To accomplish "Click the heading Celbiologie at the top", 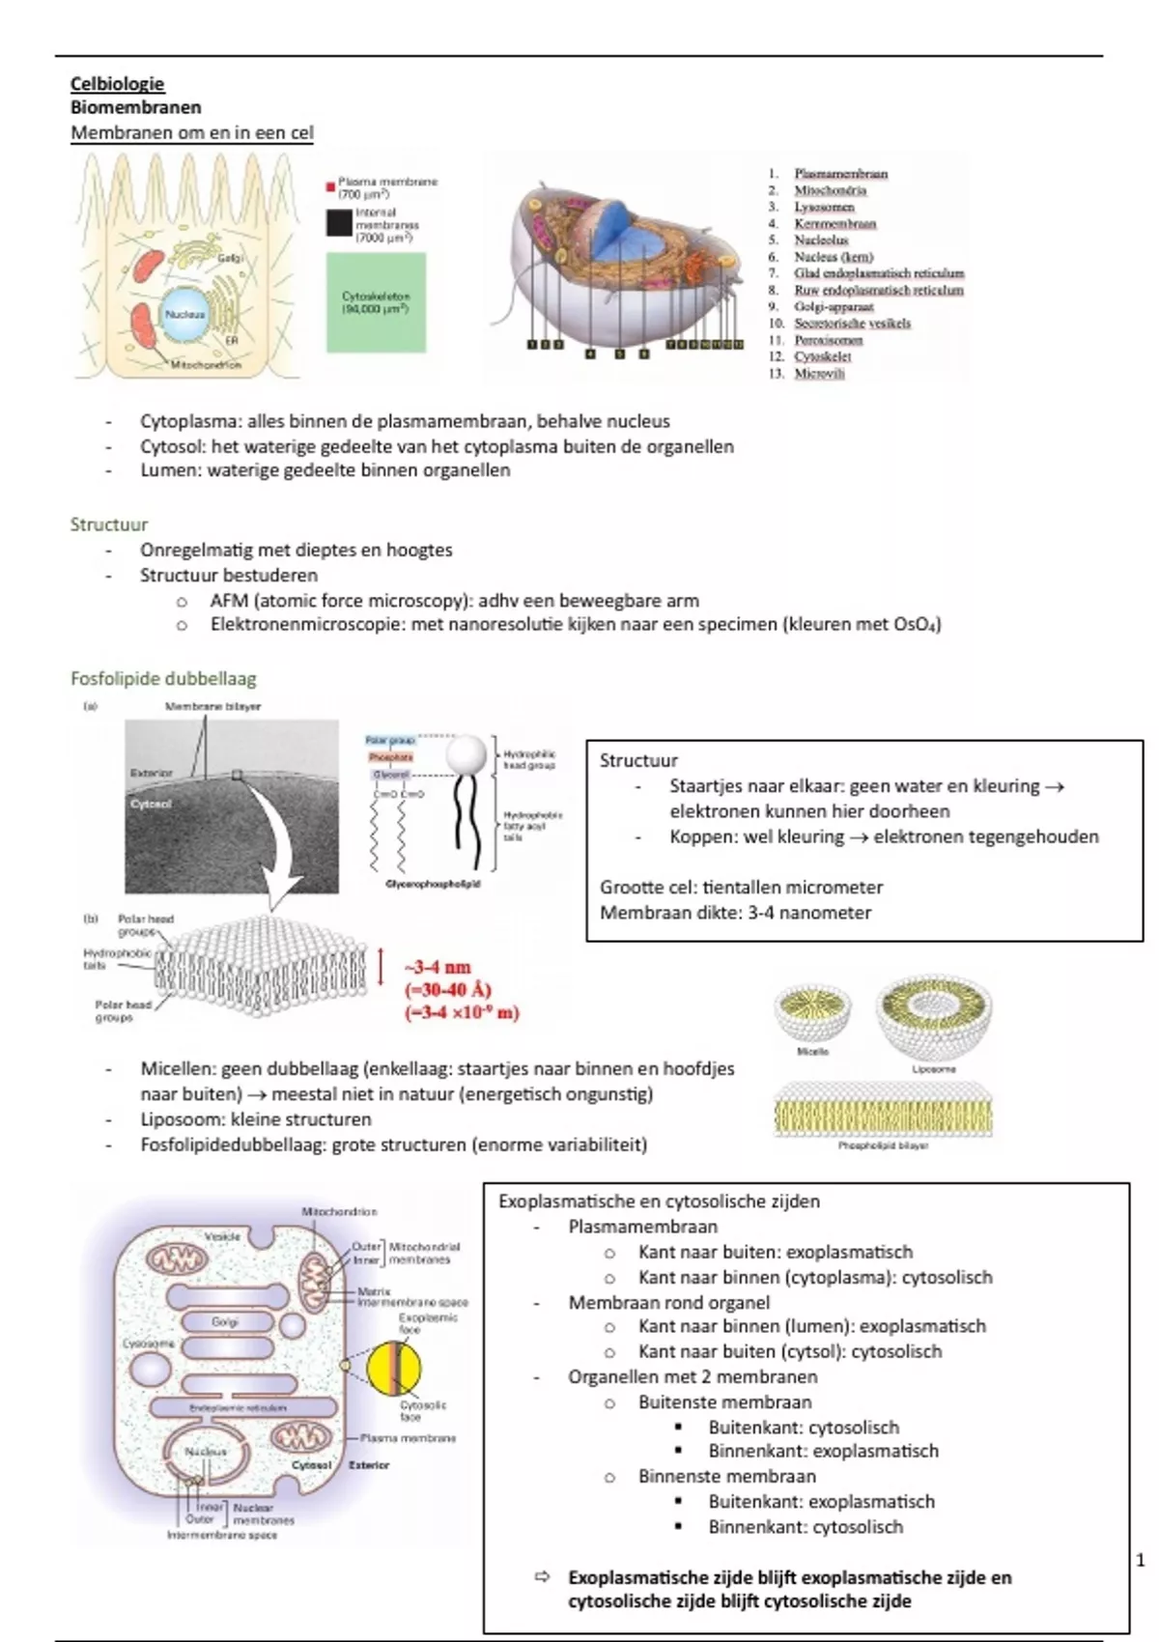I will (x=117, y=84).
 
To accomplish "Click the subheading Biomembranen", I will (x=135, y=107).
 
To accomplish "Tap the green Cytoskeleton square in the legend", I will (x=376, y=301).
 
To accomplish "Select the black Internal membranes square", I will (x=338, y=222).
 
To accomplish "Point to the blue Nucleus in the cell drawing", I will (x=184, y=314).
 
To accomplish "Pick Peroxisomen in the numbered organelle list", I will (x=829, y=340).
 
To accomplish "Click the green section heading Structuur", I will (x=109, y=524).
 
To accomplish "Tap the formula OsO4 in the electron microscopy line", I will (x=916, y=624).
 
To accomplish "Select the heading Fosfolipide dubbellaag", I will (x=163, y=678).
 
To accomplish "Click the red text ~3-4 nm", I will (x=438, y=967).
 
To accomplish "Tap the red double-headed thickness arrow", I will (x=382, y=966).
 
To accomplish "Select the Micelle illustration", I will (x=812, y=1014).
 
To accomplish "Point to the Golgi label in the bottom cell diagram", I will (x=225, y=1321).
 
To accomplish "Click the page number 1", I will (x=1141, y=1560).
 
